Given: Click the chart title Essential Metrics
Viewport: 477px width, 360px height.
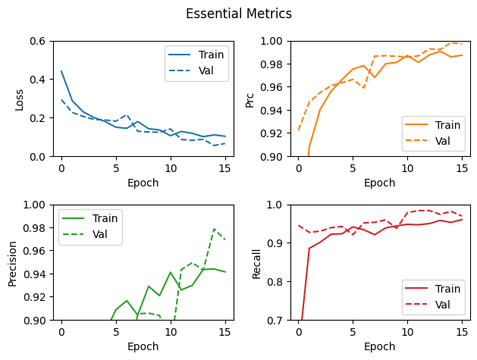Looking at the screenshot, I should (238, 14).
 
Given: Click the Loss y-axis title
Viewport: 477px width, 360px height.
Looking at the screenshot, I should (19, 99).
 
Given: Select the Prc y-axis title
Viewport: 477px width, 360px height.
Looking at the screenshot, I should (249, 99).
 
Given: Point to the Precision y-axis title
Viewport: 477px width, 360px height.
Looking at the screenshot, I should (12, 262).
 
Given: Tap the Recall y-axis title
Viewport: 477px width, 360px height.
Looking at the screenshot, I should (256, 262).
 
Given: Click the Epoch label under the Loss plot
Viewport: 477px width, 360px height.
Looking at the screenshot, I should (143, 183).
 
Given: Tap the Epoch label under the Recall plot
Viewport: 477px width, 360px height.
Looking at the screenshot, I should (379, 346).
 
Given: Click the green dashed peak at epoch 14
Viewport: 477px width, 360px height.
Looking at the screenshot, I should (214, 229).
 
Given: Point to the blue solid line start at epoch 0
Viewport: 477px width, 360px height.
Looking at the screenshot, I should (61, 71).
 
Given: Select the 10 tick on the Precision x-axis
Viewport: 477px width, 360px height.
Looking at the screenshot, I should (170, 332).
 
